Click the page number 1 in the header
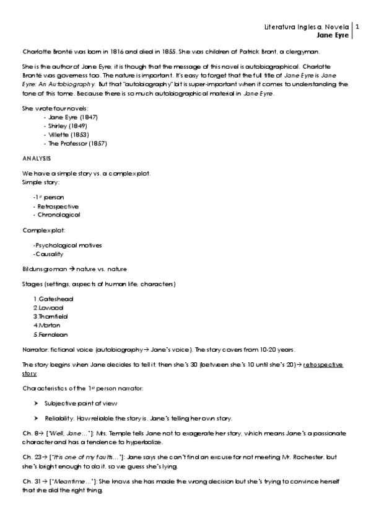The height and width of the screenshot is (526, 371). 356,27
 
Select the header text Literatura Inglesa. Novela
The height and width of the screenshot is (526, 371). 307,27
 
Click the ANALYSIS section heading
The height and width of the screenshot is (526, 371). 36,158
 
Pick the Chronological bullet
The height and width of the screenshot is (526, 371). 58,215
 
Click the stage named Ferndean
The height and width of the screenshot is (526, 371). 51,334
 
